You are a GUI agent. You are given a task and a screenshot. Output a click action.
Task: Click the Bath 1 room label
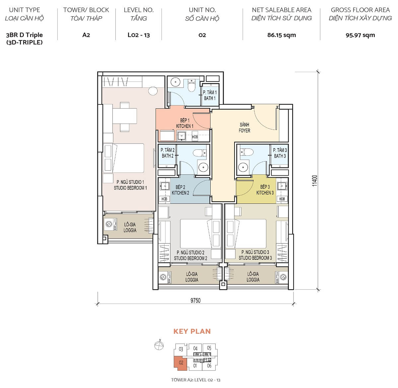pyautogui.click(x=210, y=95)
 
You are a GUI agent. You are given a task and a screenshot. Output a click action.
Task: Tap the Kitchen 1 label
pyautogui.click(x=184, y=123)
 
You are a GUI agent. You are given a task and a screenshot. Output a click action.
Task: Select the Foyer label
pyautogui.click(x=244, y=128)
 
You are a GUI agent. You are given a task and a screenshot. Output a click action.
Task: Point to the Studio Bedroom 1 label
pyautogui.click(x=130, y=185)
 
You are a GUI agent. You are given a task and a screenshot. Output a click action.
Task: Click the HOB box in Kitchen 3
pyautogui.click(x=282, y=199)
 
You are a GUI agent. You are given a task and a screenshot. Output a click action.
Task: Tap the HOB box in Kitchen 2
pyautogui.click(x=164, y=199)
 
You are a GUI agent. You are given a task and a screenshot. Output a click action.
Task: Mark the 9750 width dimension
pyautogui.click(x=195, y=301)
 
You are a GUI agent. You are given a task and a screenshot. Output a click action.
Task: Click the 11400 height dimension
pyautogui.click(x=315, y=181)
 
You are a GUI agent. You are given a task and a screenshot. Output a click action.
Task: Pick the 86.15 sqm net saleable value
pyautogui.click(x=281, y=35)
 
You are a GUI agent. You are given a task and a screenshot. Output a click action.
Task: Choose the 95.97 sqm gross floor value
pyautogui.click(x=360, y=35)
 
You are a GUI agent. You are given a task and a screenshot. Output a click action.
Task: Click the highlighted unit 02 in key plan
pyautogui.click(x=181, y=363)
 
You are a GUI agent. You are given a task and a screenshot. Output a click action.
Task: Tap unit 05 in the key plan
pyautogui.click(x=209, y=348)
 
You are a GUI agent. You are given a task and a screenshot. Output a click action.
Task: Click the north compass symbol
pyautogui.click(x=159, y=345)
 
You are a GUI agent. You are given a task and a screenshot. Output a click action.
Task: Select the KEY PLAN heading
pyautogui.click(x=192, y=331)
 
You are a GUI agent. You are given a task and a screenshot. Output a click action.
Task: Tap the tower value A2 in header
pyautogui.click(x=86, y=35)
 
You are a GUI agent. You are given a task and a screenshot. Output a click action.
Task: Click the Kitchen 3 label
pyautogui.click(x=265, y=190)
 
